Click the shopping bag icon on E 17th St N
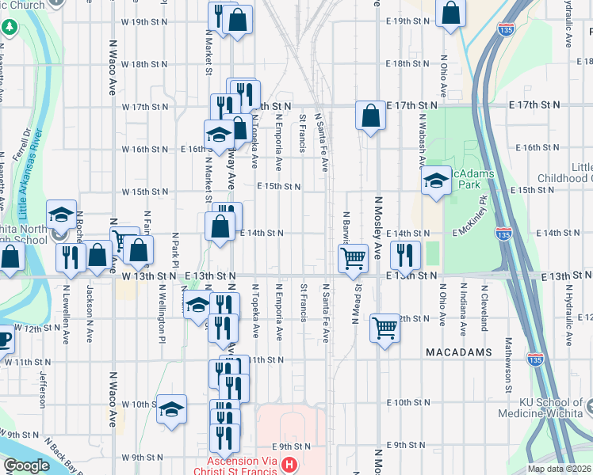370,116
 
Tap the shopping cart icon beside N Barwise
353,256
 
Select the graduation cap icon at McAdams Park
435,181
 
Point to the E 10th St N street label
405,403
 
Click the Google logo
27,465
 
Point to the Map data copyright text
558,469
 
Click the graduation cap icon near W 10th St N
170,409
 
